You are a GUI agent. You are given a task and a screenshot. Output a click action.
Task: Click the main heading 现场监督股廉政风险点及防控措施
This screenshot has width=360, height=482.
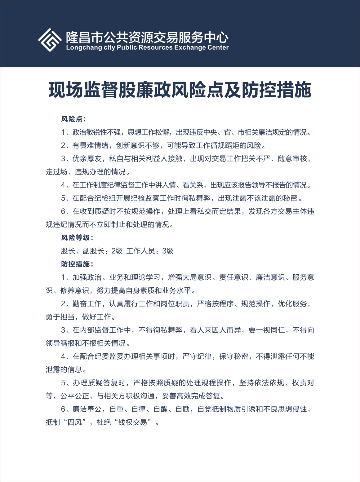180,90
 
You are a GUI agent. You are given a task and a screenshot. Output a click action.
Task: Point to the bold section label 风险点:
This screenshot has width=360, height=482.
73,119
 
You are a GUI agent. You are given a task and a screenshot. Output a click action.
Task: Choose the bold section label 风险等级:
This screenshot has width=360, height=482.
77,238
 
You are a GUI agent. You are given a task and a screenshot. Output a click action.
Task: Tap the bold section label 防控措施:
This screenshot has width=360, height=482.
77,264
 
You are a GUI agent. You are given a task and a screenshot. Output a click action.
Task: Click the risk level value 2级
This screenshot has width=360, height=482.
117,251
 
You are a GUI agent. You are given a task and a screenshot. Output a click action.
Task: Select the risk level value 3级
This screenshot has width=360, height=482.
168,251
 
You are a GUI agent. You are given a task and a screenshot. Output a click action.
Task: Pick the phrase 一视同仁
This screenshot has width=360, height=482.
270,330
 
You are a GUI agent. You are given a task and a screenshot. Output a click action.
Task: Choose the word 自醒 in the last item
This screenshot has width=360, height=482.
160,409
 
